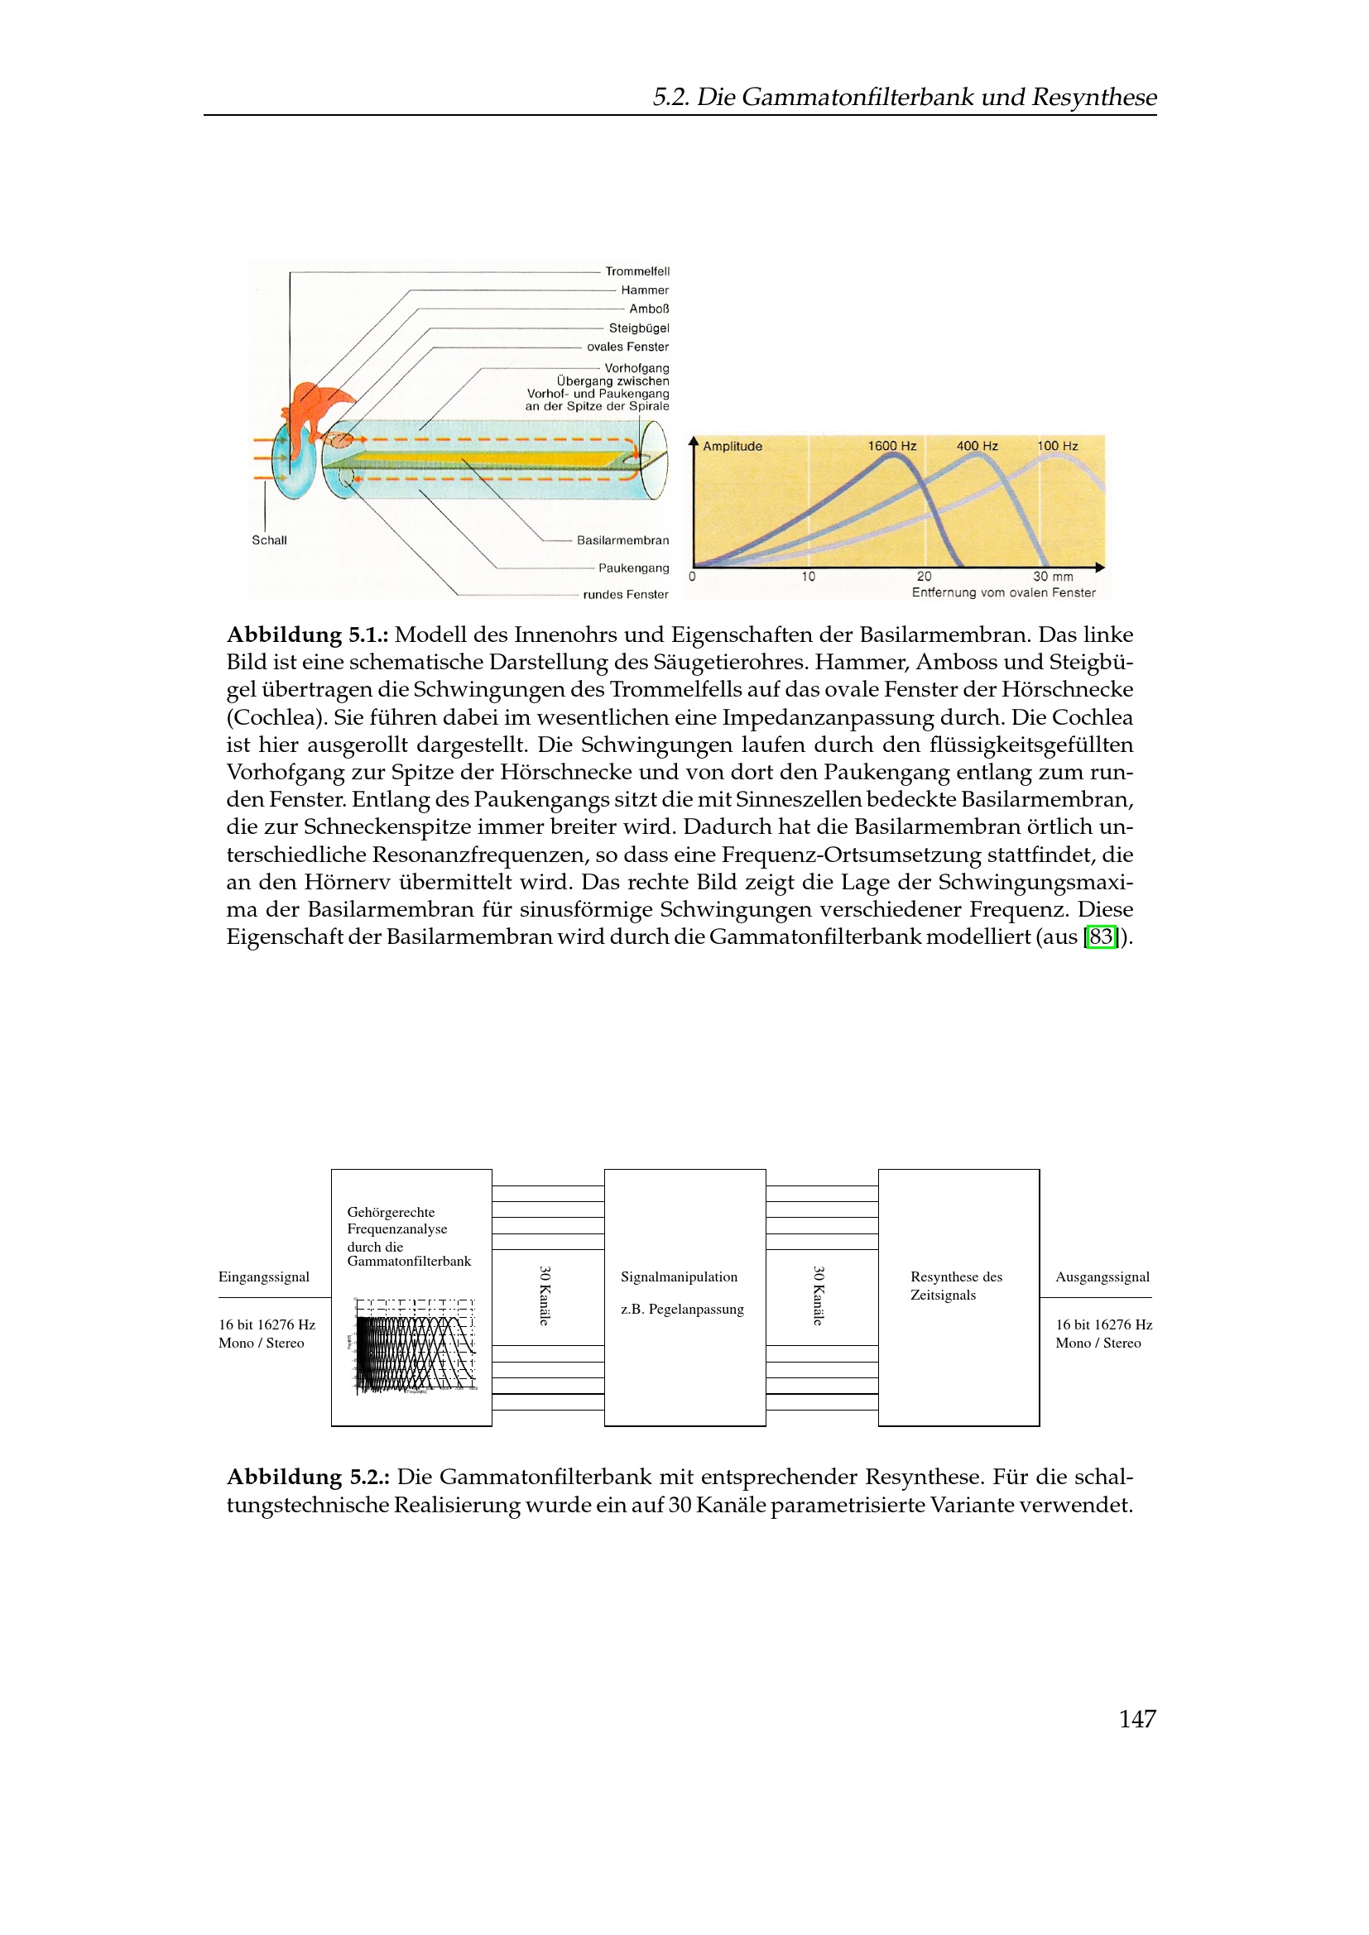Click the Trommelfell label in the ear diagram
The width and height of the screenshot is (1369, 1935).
(x=636, y=271)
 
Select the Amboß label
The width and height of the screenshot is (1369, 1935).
(x=648, y=309)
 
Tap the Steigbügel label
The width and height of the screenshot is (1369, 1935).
(x=638, y=328)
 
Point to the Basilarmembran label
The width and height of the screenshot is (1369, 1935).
(x=622, y=540)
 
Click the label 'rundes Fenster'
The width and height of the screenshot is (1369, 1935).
(x=625, y=594)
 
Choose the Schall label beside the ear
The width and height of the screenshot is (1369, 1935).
(x=269, y=540)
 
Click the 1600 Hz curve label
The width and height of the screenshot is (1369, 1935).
(x=892, y=446)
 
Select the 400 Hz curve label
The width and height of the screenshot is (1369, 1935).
(x=976, y=446)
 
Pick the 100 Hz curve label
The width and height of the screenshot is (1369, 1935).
(x=1057, y=446)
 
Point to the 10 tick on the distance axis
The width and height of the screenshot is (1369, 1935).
(x=808, y=577)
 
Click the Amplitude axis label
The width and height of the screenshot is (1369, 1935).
(x=732, y=447)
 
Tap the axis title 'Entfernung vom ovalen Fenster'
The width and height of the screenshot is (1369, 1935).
(x=1003, y=592)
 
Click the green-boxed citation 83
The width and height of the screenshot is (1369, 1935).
(x=1101, y=936)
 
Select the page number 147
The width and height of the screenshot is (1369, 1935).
(x=1136, y=1718)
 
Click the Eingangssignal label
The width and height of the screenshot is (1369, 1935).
(x=263, y=1276)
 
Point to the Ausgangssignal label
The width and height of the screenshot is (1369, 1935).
(x=1102, y=1276)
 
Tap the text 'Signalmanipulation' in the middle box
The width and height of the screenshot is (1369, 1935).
(x=679, y=1276)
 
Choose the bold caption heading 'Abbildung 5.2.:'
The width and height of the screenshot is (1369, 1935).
(x=308, y=1478)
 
